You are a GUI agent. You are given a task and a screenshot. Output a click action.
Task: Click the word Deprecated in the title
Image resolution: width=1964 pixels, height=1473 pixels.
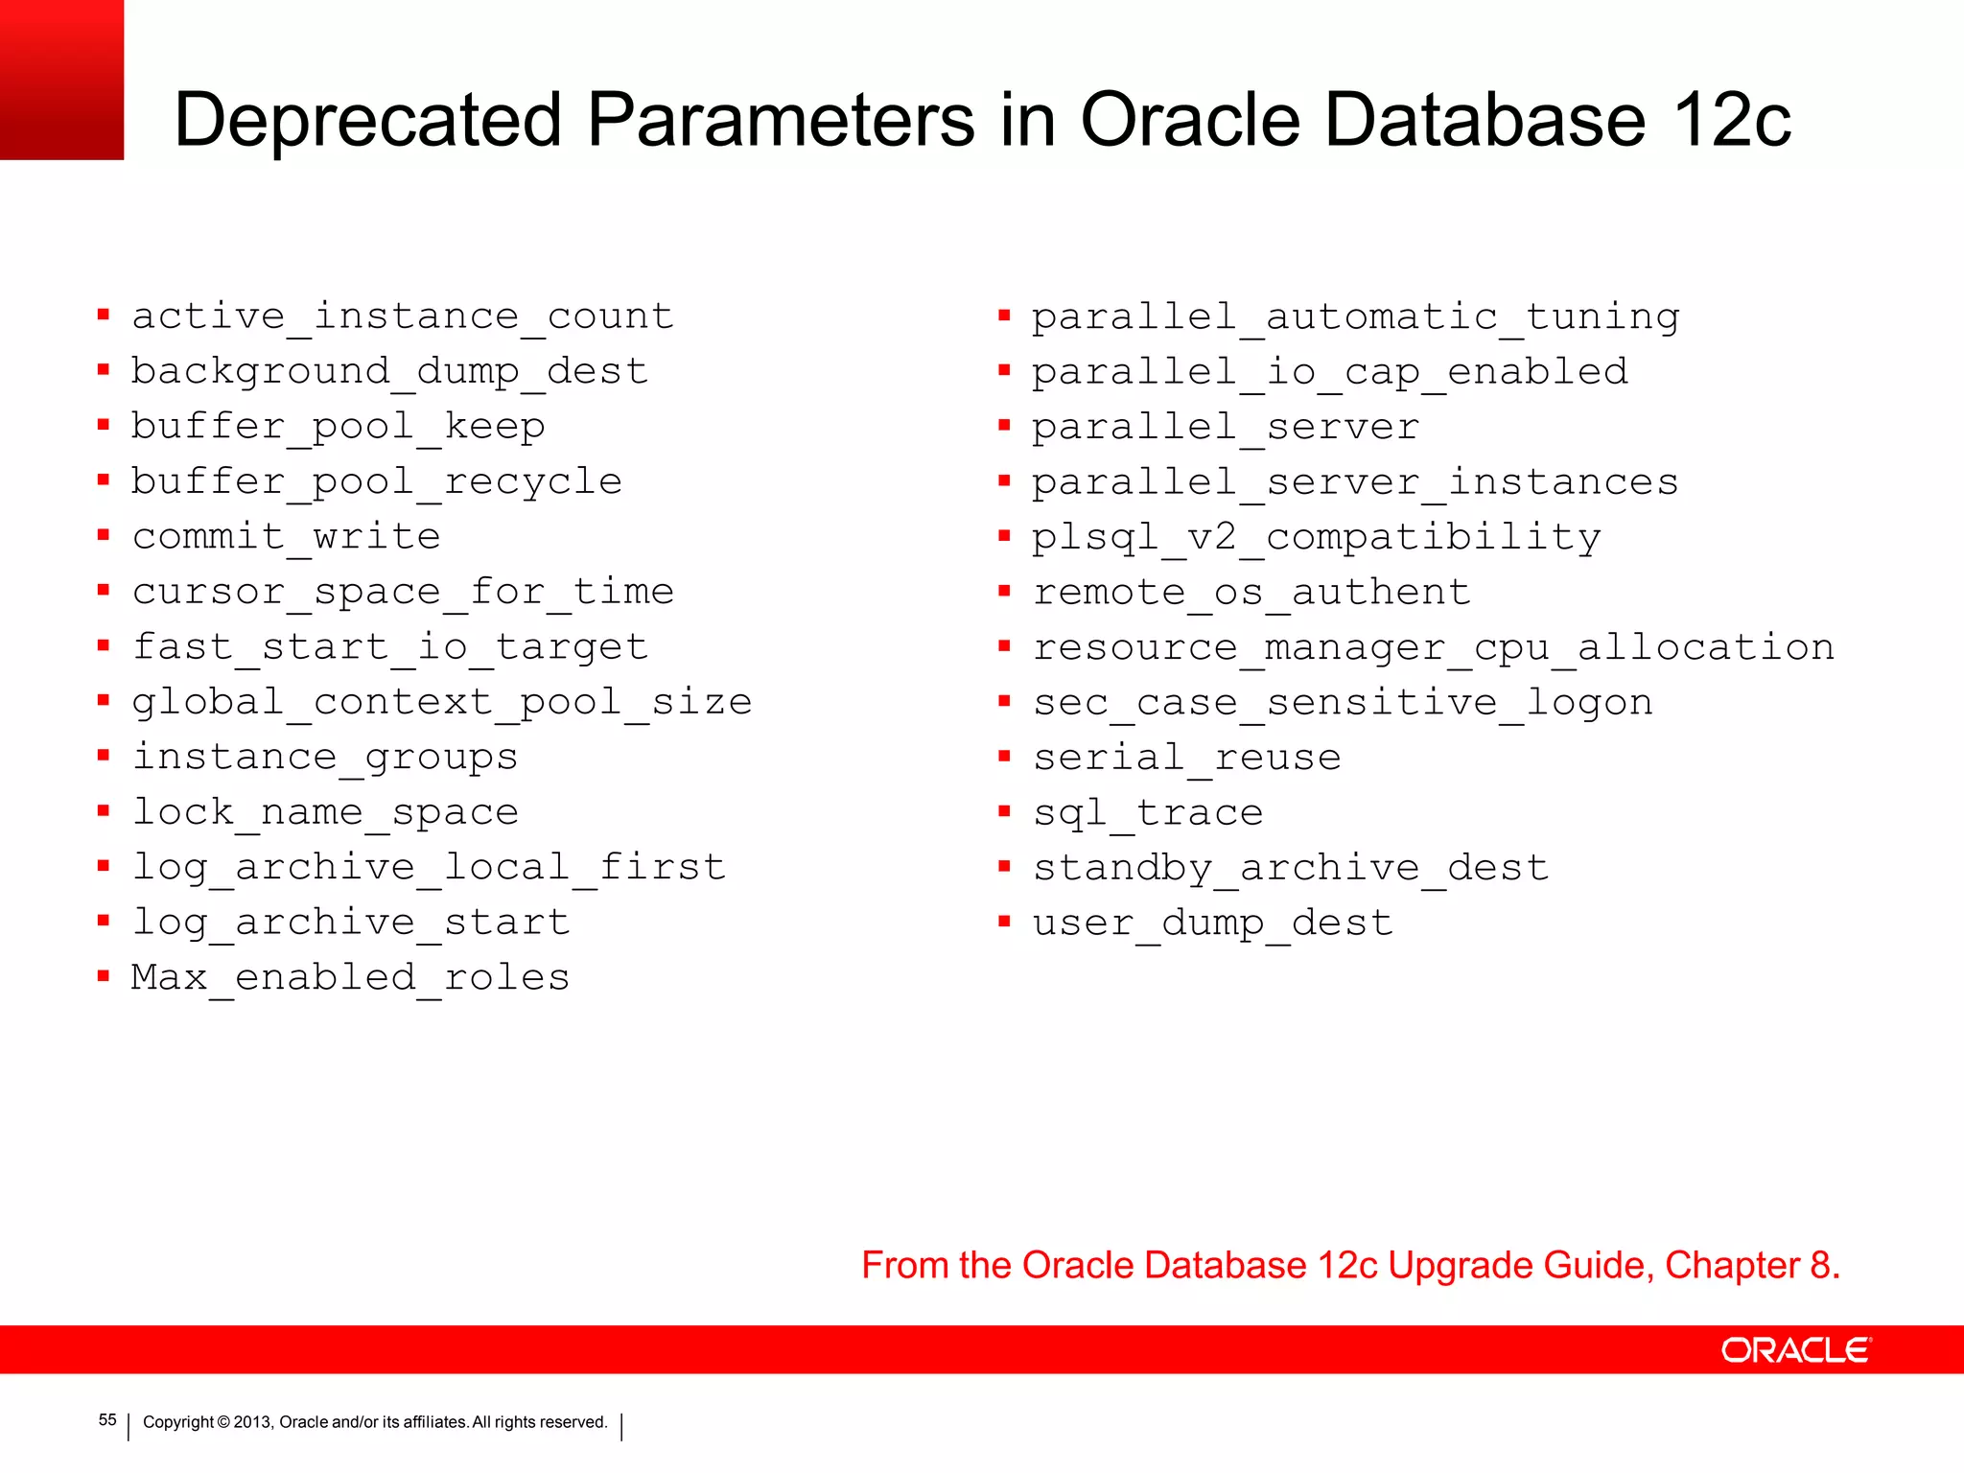[367, 120]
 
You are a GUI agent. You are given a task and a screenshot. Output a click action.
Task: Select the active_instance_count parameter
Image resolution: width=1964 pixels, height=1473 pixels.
[403, 316]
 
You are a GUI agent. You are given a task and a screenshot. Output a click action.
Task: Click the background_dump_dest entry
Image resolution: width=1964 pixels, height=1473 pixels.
[389, 372]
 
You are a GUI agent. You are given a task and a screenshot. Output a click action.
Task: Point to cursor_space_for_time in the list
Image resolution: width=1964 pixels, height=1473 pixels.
[403, 592]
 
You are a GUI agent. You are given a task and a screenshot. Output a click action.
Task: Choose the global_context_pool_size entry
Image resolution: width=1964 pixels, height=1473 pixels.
[441, 702]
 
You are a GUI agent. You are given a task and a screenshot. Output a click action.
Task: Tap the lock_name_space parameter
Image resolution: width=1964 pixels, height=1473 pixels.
[325, 812]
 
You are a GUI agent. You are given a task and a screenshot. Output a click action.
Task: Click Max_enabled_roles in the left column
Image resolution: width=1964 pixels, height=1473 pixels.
[350, 978]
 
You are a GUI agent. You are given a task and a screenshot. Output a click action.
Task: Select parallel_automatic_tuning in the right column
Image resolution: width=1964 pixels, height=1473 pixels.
[1355, 317]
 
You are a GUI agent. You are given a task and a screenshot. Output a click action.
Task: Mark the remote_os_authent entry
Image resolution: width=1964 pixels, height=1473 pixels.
[1251, 593]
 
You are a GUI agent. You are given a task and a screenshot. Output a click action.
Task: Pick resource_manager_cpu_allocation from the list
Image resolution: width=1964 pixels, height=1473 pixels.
[1433, 648]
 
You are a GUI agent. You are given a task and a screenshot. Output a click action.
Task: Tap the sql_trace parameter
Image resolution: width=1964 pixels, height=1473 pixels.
[1148, 813]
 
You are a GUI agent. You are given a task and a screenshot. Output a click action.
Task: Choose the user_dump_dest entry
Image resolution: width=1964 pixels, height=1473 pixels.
[1212, 924]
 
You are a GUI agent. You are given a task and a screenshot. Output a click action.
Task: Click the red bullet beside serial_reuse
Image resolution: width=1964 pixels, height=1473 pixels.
[1004, 757]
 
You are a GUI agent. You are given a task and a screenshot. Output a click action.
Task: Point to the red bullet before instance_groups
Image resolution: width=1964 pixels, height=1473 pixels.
[104, 756]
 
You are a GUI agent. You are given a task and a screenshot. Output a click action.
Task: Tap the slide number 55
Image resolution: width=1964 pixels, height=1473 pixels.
[107, 1420]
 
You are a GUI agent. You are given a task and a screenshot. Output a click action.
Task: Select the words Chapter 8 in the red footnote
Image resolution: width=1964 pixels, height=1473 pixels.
[1751, 1266]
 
